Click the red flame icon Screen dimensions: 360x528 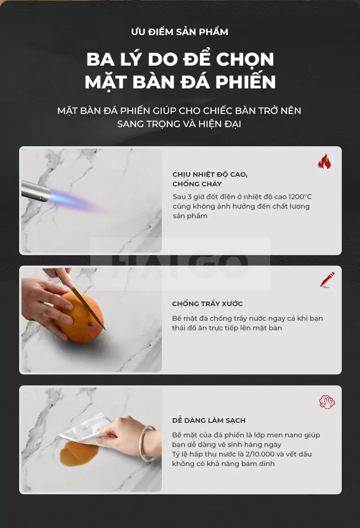324,161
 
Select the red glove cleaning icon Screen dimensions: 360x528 327,402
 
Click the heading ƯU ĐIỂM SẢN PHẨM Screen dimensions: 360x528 180,31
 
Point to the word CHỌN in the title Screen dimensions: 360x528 245,59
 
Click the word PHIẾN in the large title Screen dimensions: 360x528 246,82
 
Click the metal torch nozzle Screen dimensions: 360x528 36,191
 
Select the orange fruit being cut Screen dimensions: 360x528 80,318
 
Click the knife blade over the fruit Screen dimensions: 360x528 84,303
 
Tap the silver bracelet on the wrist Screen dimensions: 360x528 148,444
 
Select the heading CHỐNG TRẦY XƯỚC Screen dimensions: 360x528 207,304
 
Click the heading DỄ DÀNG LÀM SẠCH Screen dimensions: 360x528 209,420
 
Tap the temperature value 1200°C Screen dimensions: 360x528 300,197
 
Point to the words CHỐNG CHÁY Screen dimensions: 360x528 197,184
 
